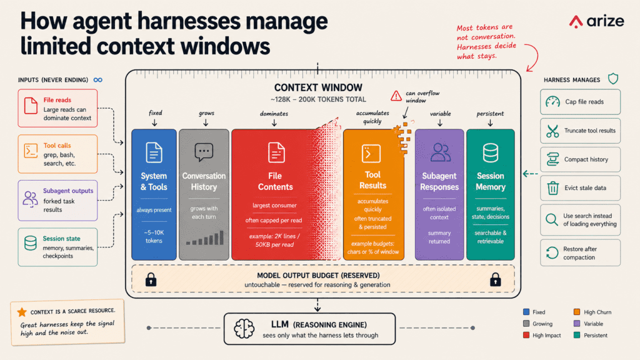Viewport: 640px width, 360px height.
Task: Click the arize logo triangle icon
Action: coord(576,22)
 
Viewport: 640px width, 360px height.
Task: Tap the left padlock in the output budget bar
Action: coord(151,279)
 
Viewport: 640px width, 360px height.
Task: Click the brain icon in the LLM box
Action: coord(244,329)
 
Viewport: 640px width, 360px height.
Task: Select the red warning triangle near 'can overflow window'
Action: coord(396,96)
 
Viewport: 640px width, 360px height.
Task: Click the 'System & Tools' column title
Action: coord(154,182)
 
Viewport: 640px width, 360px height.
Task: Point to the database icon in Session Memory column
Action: coord(490,152)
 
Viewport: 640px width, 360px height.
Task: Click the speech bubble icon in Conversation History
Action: coord(204,152)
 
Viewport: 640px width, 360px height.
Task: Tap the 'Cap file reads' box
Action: coord(580,102)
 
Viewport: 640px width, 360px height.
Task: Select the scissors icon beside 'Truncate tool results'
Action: coord(552,131)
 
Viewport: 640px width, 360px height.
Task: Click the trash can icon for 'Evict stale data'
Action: coord(552,188)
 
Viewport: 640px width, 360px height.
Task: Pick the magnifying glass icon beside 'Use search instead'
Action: coord(552,219)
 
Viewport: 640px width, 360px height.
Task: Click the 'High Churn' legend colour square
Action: coord(577,312)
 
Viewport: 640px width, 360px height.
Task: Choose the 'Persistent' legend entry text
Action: coord(596,336)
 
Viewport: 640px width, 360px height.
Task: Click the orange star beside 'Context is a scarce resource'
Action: coord(22,312)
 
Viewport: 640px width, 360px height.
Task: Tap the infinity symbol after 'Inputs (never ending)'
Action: coord(98,80)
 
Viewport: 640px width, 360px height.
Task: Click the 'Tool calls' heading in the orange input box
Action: coord(57,145)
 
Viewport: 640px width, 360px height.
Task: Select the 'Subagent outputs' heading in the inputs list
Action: coord(68,191)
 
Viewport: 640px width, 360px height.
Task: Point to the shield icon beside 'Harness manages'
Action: coord(613,79)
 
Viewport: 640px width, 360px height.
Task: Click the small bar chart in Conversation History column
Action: coord(205,237)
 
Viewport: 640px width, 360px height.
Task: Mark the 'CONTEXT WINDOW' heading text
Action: coord(318,87)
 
